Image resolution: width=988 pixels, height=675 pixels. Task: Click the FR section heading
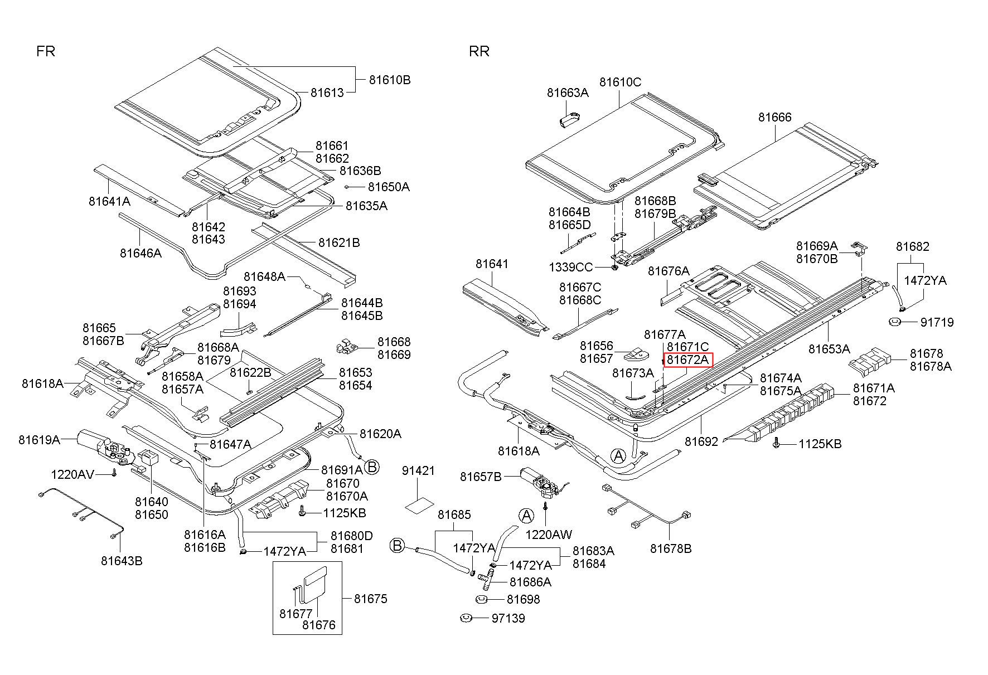point(46,51)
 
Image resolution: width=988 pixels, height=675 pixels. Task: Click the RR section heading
point(479,51)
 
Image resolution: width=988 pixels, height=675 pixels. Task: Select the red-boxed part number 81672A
point(688,360)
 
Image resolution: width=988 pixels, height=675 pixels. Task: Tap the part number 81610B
point(390,80)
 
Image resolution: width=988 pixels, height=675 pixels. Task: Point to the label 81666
point(775,117)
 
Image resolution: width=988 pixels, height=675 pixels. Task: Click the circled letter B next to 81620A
point(371,467)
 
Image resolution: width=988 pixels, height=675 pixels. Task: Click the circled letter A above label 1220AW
point(526,516)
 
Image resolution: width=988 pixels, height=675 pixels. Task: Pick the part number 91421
point(418,471)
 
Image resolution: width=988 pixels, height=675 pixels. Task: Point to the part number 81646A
point(141,253)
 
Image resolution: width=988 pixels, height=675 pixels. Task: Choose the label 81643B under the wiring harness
point(122,561)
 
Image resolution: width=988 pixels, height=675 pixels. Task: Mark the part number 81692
point(701,441)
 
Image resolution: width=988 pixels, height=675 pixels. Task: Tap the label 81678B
point(671,548)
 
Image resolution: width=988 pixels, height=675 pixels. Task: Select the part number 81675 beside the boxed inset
point(370,599)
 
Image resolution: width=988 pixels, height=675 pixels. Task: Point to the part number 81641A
point(109,201)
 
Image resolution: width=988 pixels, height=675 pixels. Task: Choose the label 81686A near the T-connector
point(530,582)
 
